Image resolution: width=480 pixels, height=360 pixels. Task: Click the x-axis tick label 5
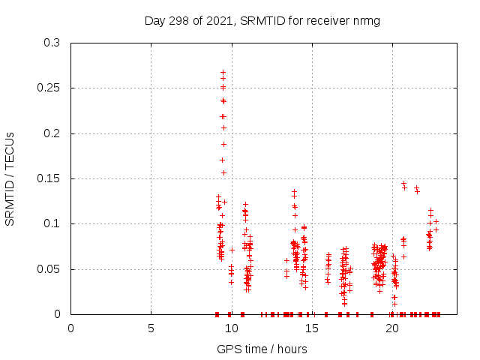tap(151, 328)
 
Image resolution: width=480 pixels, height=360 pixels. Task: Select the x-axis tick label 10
tap(231, 328)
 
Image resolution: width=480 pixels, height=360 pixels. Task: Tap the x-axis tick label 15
tap(311, 328)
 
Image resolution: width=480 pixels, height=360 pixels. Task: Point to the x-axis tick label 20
tap(391, 328)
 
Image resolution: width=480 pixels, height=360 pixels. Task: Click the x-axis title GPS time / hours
tap(262, 349)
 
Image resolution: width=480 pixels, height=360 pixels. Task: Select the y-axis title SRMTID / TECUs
tap(10, 178)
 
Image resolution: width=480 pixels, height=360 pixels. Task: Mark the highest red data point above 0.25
tap(223, 73)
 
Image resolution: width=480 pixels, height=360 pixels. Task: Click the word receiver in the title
tap(326, 20)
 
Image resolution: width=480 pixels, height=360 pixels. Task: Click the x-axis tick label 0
tap(71, 328)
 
